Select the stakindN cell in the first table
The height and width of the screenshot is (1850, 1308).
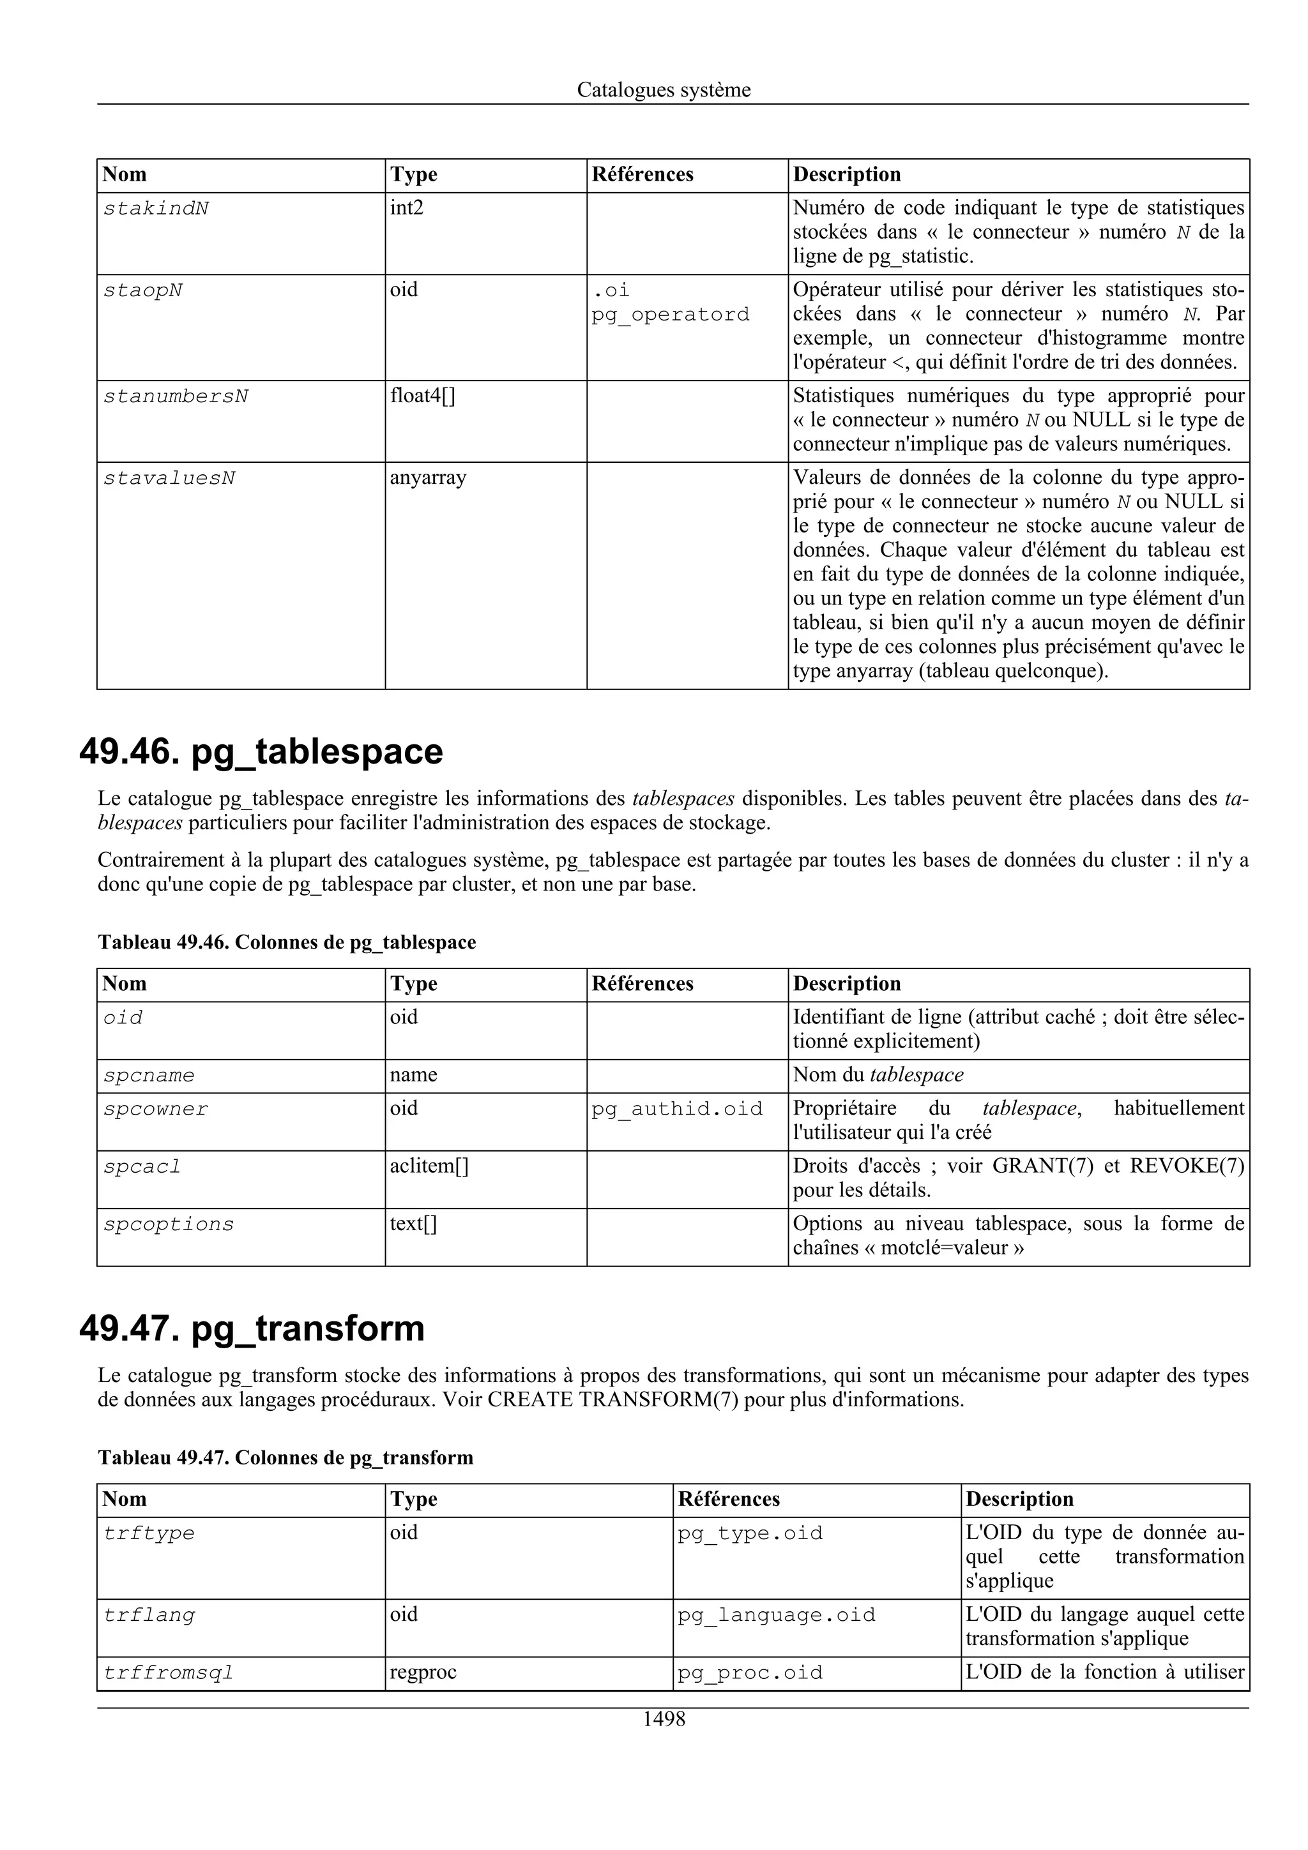tap(156, 209)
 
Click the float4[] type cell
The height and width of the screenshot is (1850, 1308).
tap(422, 396)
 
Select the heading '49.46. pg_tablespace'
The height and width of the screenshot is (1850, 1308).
tap(261, 752)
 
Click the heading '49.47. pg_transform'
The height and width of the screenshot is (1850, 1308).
tap(252, 1328)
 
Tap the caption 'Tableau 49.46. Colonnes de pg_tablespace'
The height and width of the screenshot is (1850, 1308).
tap(287, 942)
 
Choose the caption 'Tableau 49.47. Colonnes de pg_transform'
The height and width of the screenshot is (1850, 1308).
tap(285, 1457)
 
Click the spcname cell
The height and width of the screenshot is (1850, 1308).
tap(149, 1076)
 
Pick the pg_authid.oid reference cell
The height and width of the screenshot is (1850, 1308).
tap(676, 1109)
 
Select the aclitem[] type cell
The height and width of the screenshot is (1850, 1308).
tap(429, 1167)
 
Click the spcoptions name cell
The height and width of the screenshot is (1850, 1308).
tap(169, 1225)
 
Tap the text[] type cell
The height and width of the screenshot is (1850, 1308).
tap(413, 1225)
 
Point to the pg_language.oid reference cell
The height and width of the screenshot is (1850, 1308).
tap(776, 1616)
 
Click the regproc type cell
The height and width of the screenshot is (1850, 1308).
tap(423, 1673)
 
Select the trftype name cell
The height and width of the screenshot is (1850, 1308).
tap(149, 1533)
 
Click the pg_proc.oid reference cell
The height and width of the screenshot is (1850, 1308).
tap(750, 1673)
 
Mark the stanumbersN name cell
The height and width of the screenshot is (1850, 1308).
tap(176, 397)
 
